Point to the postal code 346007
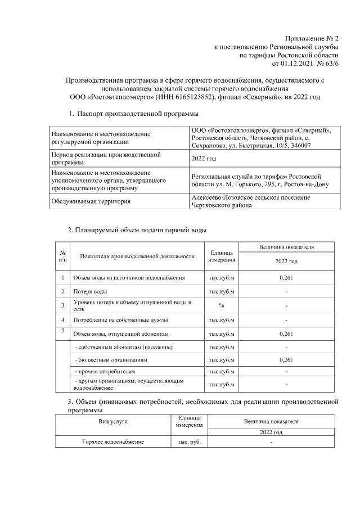(300, 146)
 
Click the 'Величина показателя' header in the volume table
(286, 247)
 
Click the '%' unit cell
(222, 305)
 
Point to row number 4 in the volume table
(63, 319)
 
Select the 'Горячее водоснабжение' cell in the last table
(113, 442)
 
